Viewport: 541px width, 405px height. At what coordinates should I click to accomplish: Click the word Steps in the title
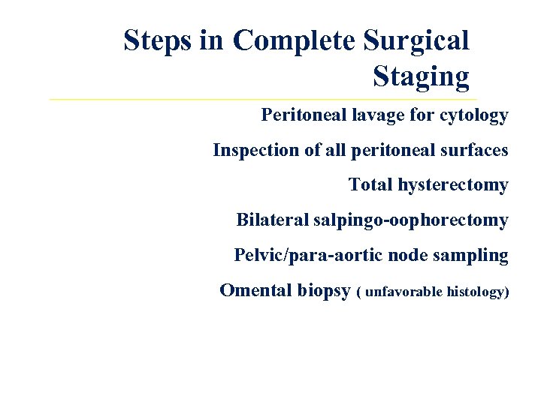click(x=159, y=40)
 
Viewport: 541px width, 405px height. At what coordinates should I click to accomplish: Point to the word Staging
click(x=420, y=76)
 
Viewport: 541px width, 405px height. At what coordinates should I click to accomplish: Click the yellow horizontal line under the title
click(x=263, y=99)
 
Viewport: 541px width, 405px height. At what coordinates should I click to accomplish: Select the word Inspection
click(x=255, y=151)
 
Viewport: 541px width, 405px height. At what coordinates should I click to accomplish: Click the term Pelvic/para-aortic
click(x=309, y=256)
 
